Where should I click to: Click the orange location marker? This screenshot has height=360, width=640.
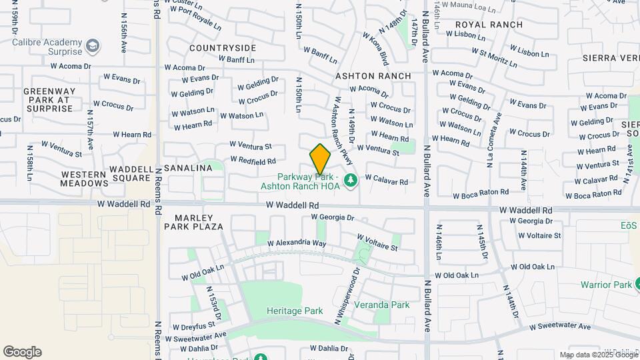click(321, 159)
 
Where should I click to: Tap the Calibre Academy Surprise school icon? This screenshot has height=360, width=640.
click(94, 46)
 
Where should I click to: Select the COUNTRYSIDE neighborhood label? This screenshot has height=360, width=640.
click(223, 48)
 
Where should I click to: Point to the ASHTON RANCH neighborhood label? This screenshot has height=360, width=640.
click(373, 76)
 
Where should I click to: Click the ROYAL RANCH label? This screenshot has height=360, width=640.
click(489, 25)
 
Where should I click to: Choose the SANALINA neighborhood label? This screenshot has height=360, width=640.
click(188, 168)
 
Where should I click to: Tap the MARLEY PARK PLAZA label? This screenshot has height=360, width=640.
click(199, 222)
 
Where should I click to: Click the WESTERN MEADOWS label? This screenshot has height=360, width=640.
click(84, 179)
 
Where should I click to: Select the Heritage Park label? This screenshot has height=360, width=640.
click(294, 311)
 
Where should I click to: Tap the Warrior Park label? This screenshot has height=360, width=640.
click(605, 285)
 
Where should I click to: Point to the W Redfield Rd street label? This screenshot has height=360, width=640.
click(253, 161)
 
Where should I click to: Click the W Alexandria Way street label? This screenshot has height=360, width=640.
click(297, 243)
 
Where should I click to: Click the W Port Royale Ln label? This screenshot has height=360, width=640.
click(196, 19)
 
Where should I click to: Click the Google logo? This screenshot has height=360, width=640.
click(22, 352)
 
